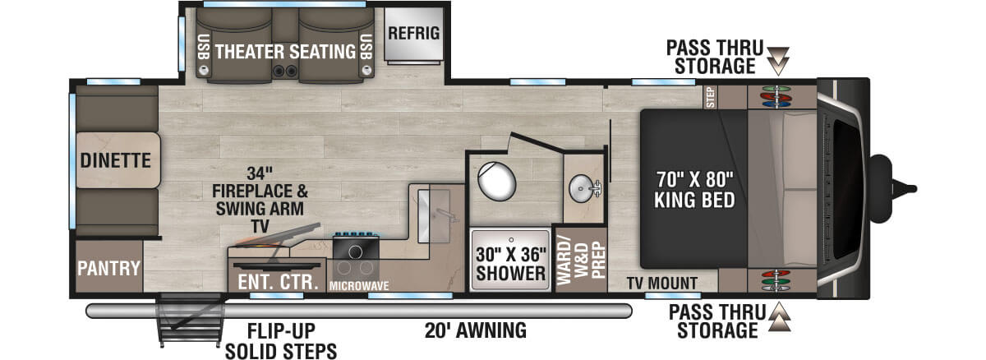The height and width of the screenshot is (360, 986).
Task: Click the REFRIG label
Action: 414,34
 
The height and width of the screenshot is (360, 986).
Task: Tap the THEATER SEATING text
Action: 285,52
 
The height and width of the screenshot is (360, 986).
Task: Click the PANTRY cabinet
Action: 108,268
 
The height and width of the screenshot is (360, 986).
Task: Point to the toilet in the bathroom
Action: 498,181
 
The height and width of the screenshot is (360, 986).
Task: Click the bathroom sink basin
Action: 584,188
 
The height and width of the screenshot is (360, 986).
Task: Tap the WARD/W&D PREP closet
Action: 579,259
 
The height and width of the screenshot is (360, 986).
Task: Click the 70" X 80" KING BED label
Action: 694,187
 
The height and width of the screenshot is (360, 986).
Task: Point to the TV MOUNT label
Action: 663,283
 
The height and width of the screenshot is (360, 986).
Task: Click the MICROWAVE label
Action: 359,285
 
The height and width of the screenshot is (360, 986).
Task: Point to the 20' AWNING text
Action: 476,331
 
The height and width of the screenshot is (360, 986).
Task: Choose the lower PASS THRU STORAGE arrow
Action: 778,315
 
